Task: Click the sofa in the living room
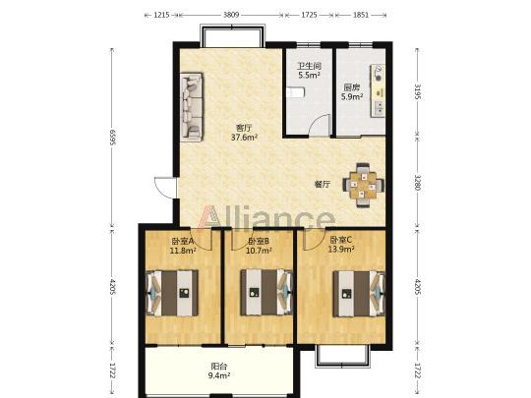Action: click(192, 107)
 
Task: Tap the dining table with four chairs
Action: click(363, 185)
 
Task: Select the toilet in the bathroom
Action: click(296, 92)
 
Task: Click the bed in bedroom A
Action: click(172, 293)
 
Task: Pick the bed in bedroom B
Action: click(266, 293)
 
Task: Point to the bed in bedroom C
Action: click(359, 294)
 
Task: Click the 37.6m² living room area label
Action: click(245, 138)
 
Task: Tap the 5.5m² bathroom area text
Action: click(309, 75)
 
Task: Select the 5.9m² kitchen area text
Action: click(352, 96)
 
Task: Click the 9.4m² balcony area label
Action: click(219, 375)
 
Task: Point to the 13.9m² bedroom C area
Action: click(341, 250)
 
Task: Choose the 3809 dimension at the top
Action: click(231, 15)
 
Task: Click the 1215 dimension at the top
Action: click(161, 15)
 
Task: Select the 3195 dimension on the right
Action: click(417, 92)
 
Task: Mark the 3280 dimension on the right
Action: click(417, 183)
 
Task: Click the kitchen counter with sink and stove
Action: click(378, 90)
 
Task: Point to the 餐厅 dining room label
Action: click(323, 185)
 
